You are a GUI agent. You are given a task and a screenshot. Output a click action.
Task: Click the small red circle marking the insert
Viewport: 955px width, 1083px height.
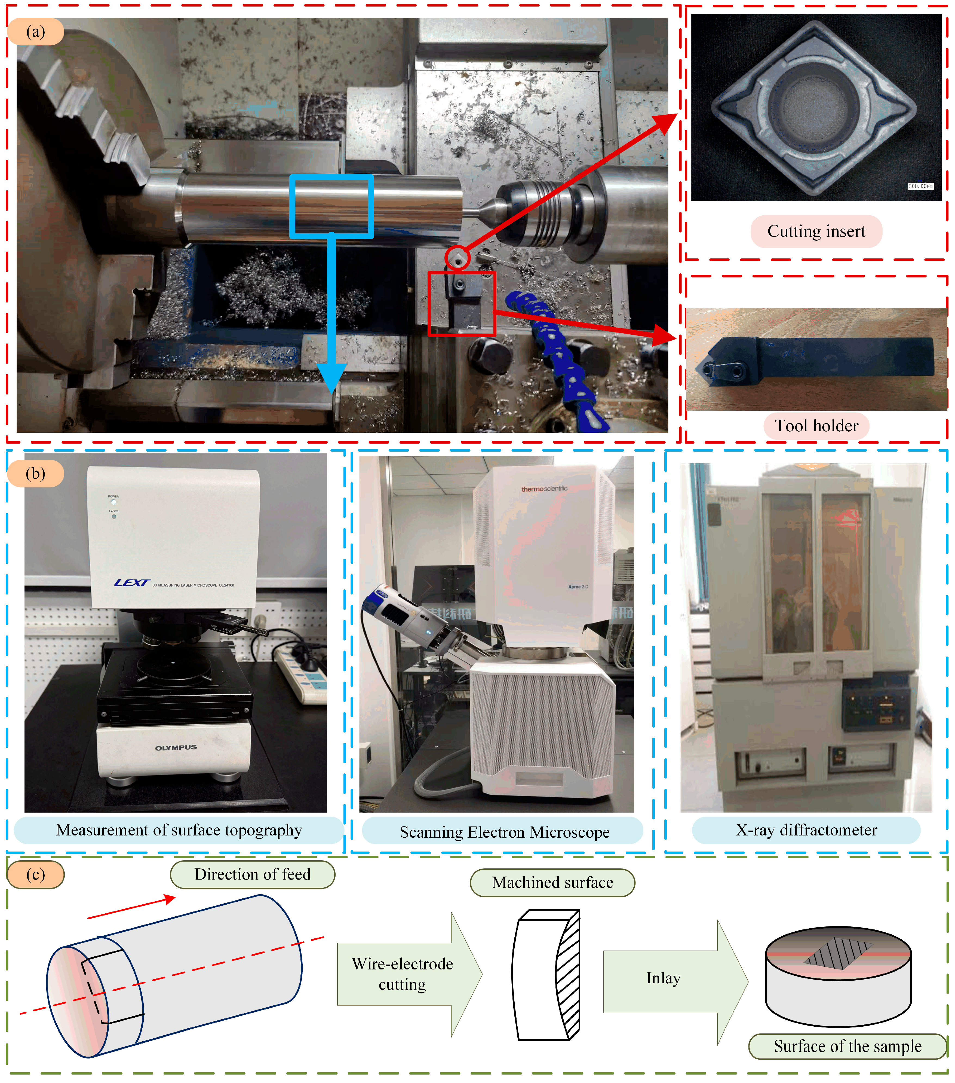click(457, 258)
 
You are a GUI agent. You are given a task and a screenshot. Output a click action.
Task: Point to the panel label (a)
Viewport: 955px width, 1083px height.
click(35, 32)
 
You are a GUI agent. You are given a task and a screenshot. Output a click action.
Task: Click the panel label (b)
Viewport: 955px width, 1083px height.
click(35, 473)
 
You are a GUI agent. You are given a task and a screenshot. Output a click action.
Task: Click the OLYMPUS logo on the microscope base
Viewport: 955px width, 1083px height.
click(176, 748)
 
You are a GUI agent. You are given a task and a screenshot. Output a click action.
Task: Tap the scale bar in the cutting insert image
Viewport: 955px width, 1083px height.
click(920, 186)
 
